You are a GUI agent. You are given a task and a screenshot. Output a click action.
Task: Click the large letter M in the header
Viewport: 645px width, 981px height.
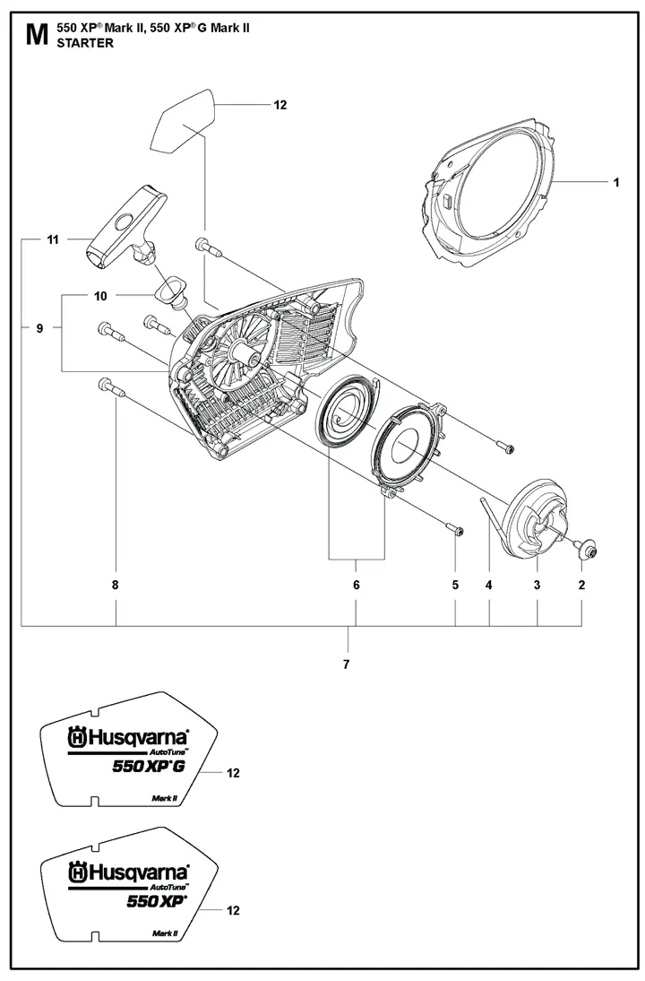click(x=37, y=35)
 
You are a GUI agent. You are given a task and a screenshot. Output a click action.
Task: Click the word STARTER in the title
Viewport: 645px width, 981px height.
click(x=85, y=43)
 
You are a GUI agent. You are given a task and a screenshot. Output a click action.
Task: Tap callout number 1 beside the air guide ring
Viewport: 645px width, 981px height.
click(x=616, y=182)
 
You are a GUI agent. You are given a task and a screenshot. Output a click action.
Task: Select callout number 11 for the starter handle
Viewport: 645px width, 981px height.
click(x=53, y=239)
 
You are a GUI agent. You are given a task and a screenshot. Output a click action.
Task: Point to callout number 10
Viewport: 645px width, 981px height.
click(x=100, y=296)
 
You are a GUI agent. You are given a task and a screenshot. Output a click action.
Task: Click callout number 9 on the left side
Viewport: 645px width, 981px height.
click(x=39, y=328)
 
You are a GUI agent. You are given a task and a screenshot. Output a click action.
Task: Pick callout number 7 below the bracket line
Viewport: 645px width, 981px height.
click(x=347, y=664)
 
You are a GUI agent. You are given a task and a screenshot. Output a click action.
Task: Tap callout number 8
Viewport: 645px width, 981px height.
click(x=115, y=585)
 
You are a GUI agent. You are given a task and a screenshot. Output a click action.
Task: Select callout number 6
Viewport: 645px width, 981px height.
click(x=357, y=585)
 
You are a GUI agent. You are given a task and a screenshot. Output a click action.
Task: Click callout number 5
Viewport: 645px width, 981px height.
click(x=455, y=585)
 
